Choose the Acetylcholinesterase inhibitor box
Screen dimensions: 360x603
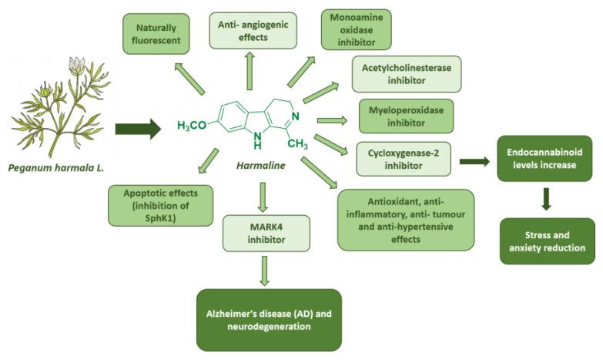(x=406, y=73)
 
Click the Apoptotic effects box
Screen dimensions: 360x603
(x=160, y=204)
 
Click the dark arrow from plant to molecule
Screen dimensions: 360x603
(x=138, y=129)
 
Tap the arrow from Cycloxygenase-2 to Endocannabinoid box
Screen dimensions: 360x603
(x=476, y=161)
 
